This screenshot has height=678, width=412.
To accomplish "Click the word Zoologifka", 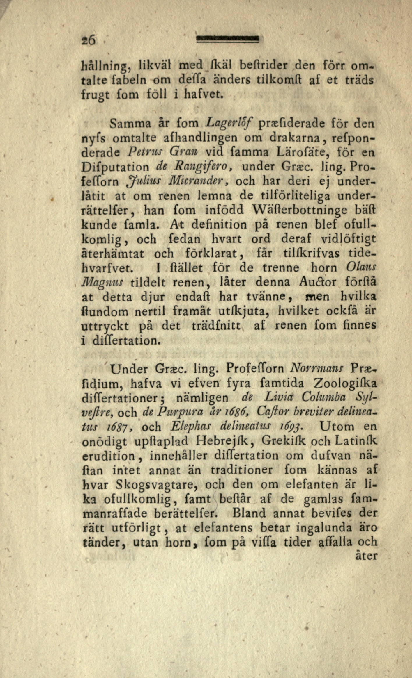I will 345,383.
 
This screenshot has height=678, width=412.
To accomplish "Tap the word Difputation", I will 115,167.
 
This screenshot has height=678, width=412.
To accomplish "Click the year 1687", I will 121,427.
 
